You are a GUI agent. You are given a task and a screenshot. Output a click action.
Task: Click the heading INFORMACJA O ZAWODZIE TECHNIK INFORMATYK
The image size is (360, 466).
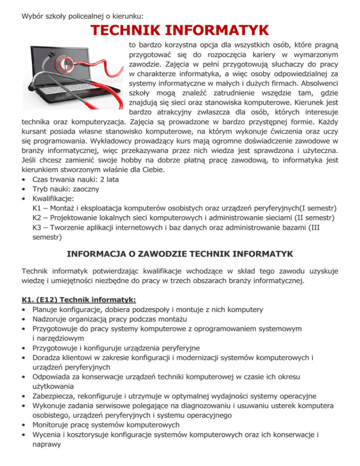(180, 254)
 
